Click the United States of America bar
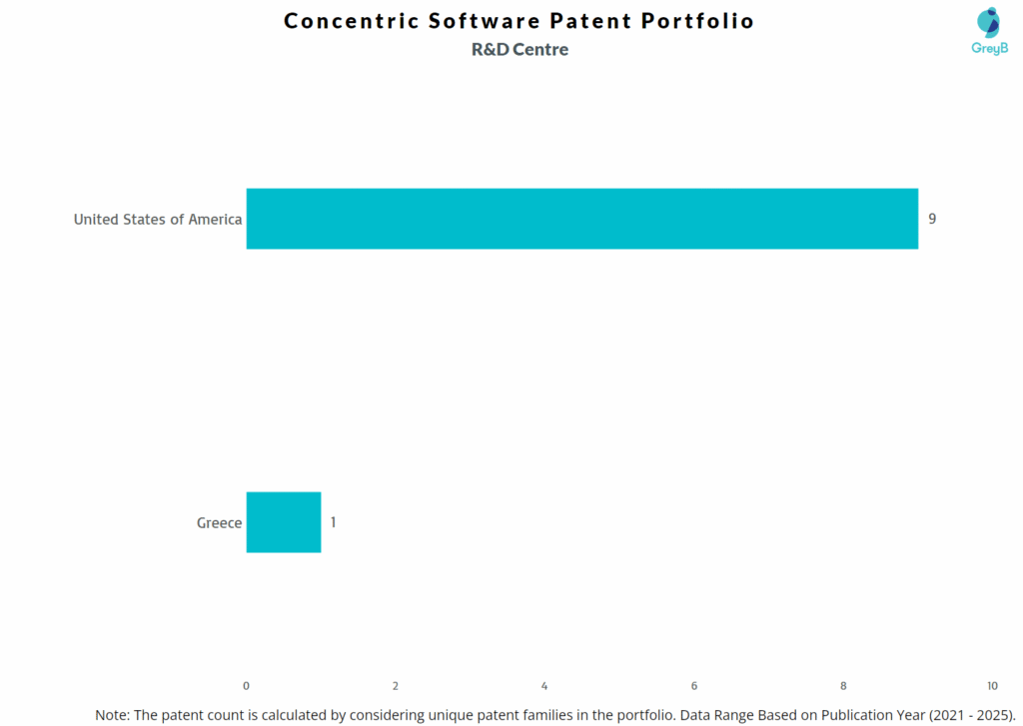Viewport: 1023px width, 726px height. coord(581,219)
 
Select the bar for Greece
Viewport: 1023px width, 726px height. coord(284,522)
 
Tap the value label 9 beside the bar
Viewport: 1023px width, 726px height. coord(932,219)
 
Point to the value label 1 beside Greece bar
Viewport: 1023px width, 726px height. coord(334,522)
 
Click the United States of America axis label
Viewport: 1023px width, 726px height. coord(158,219)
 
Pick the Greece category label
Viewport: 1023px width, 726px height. coord(219,522)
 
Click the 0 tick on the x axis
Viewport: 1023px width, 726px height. coord(247,686)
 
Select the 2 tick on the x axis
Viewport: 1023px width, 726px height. coord(396,686)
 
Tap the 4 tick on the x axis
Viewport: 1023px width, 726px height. coord(544,686)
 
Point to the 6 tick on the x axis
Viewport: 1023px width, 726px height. coord(694,686)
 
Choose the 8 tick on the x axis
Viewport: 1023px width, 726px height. coord(843,686)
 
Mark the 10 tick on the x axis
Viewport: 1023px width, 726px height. coord(991,686)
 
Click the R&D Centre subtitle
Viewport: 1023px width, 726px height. coord(519,50)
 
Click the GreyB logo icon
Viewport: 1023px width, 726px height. coord(988,22)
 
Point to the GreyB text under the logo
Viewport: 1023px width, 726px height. coord(989,48)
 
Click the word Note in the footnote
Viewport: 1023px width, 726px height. coord(111,715)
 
